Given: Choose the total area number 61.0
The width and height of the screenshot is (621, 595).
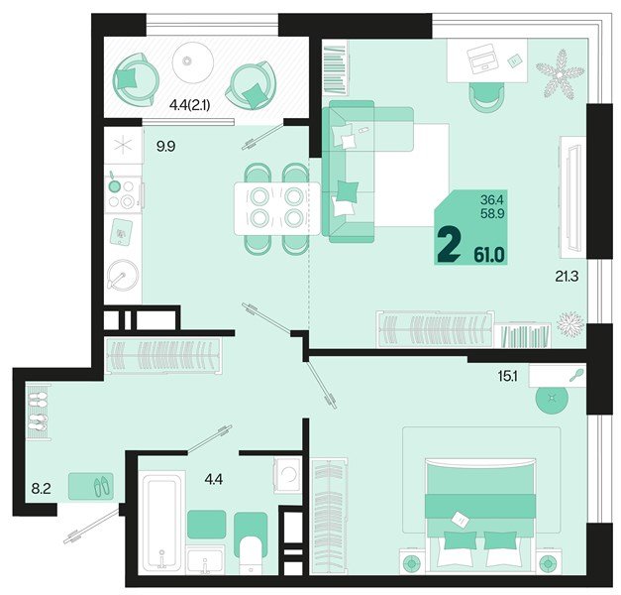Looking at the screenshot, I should (x=488, y=255).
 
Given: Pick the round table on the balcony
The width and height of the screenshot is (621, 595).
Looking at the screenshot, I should (x=193, y=62).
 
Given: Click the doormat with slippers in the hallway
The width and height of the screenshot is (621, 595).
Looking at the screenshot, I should (x=91, y=486).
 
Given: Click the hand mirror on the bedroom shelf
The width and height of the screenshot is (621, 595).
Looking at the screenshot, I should (x=574, y=375).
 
